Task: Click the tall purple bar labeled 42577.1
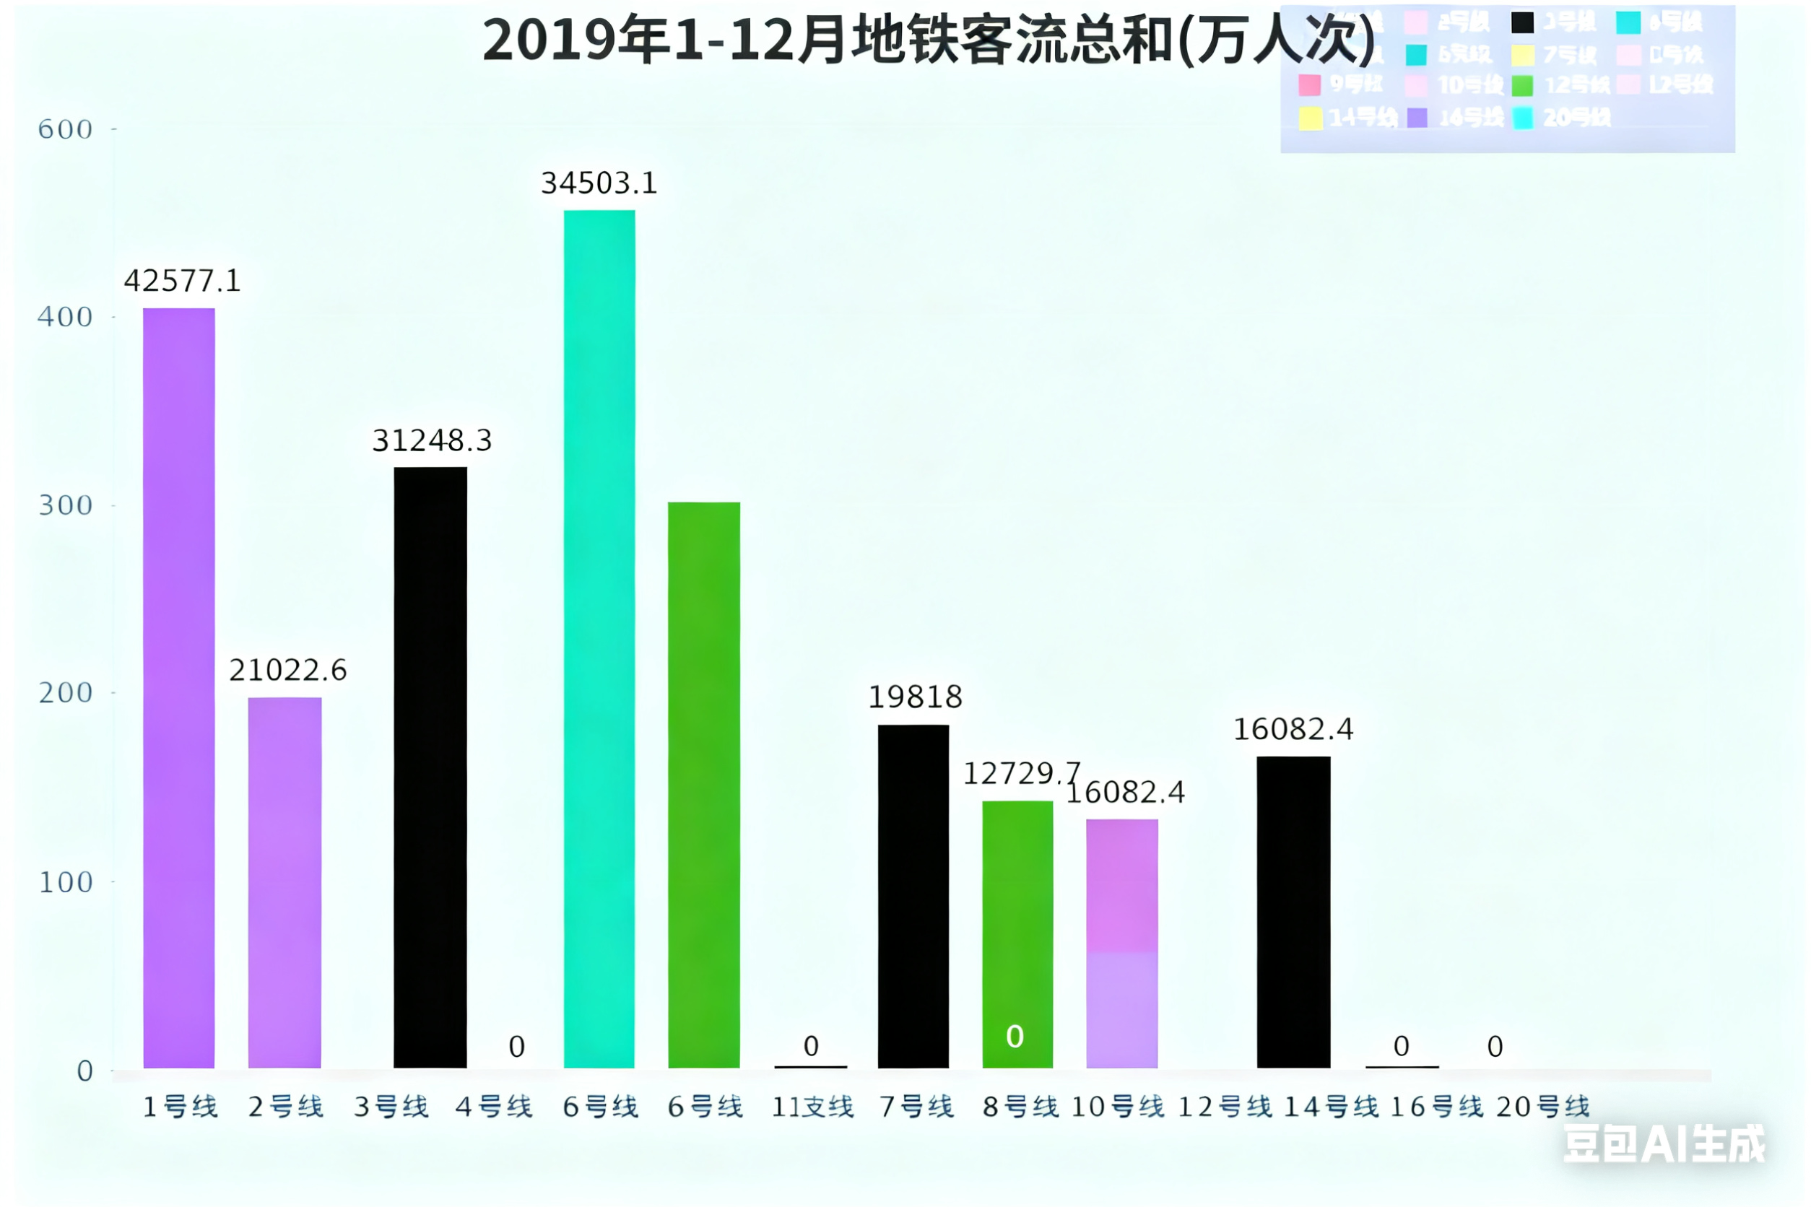tap(178, 687)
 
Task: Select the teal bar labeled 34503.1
tap(599, 639)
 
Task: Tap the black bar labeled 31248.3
tap(430, 767)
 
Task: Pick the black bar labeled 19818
tap(913, 896)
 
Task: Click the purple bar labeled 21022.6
tap(284, 882)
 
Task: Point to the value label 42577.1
tap(183, 281)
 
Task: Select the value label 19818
tap(915, 697)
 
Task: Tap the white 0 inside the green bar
tap(1015, 1036)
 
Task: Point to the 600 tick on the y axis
tap(66, 129)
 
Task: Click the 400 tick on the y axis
tap(66, 316)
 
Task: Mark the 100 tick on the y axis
tap(66, 881)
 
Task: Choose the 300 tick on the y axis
tap(66, 505)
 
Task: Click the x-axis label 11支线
tap(812, 1107)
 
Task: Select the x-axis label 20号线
tap(1542, 1107)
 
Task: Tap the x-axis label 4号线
tap(494, 1107)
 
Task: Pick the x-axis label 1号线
tap(181, 1107)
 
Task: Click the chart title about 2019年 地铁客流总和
tap(928, 40)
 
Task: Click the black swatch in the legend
tap(1522, 22)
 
